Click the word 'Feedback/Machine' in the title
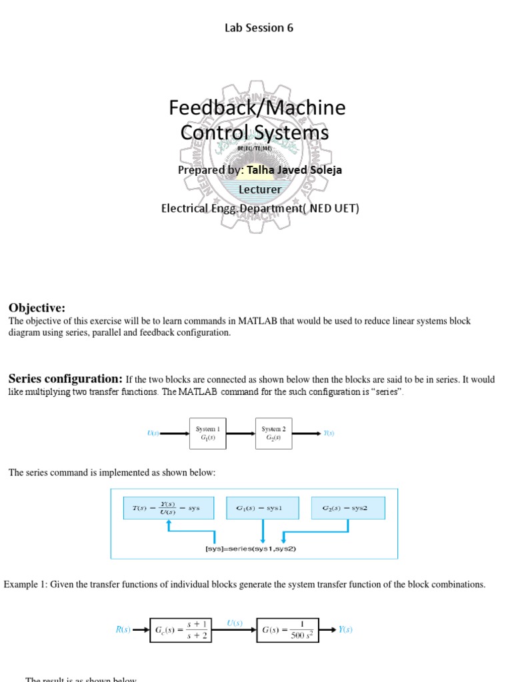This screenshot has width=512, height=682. tap(257, 107)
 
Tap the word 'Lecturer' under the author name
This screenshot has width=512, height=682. tap(260, 189)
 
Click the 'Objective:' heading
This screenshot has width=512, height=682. tap(37, 308)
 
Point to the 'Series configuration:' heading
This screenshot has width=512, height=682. tap(65, 379)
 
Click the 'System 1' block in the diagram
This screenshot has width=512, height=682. tap(207, 434)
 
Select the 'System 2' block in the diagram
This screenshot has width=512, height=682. tap(273, 434)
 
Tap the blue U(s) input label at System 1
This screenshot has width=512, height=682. tap(153, 434)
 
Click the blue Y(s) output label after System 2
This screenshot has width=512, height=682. tap(329, 434)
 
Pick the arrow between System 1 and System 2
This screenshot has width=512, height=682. tap(241, 434)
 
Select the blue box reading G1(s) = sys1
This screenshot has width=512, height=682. tap(263, 508)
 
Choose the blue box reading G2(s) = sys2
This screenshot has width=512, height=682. tap(347, 508)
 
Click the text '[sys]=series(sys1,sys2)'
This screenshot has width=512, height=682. tap(250, 549)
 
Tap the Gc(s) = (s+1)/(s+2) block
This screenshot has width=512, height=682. tap(181, 629)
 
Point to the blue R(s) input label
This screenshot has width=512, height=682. tap(123, 629)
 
